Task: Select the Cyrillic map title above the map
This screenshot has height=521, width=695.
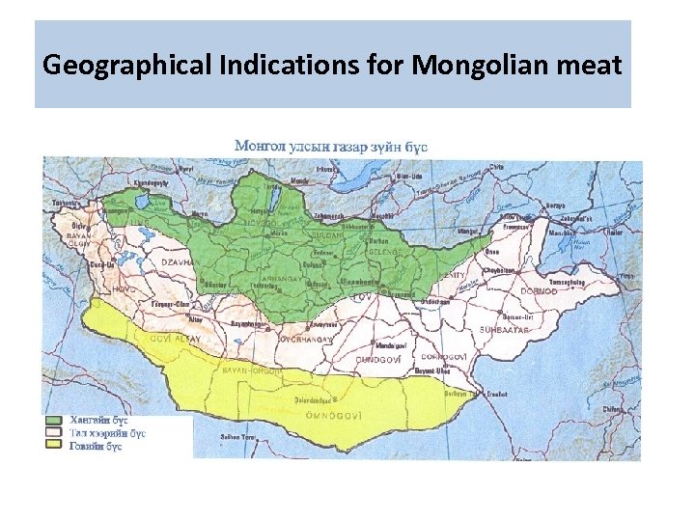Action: pos(331,146)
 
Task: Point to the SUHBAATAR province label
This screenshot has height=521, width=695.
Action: pos(504,330)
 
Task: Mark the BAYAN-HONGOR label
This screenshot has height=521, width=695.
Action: pos(253,370)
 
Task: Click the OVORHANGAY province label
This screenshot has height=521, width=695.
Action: pos(307,340)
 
